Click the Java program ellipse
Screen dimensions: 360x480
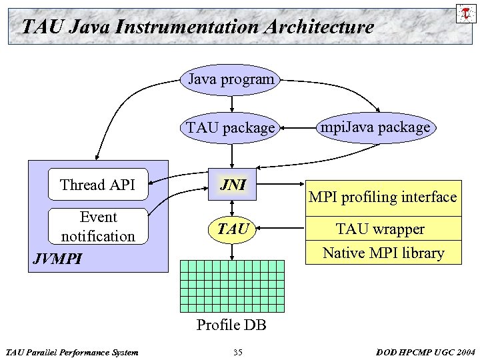pos(231,79)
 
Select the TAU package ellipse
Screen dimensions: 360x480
pos(231,127)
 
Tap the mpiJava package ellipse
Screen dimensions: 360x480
pos(375,127)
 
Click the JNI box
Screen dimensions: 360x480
pos(232,185)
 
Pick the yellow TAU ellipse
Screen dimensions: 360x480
pos(232,229)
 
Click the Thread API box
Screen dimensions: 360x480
pos(97,185)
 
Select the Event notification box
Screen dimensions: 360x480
pos(97,227)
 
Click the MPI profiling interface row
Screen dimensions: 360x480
pos(383,197)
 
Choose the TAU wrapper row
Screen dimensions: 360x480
pos(383,229)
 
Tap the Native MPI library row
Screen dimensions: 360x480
pos(383,253)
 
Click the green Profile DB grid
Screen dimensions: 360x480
pos(232,286)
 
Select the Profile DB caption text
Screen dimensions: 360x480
pos(231,325)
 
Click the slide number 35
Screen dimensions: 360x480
pos(238,352)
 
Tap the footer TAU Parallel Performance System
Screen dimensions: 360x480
pos(71,352)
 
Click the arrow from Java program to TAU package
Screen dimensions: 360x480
pos(232,103)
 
